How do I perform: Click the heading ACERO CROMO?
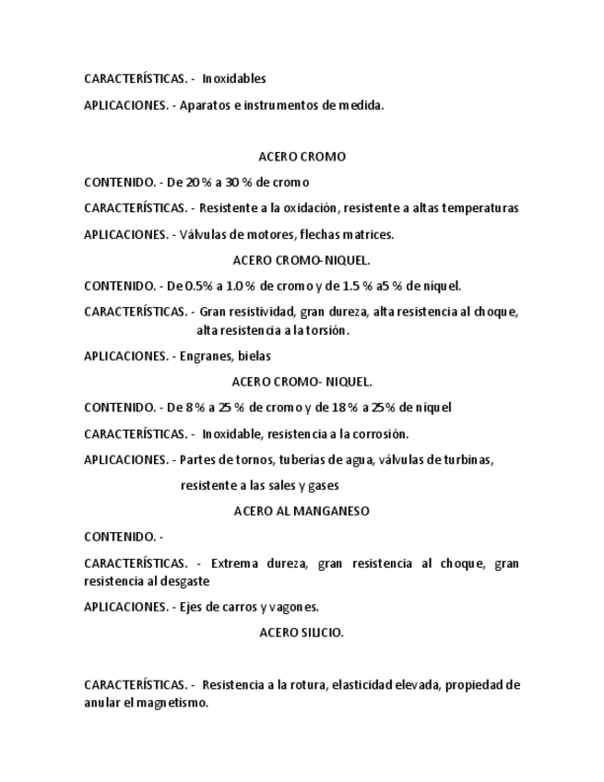click(x=302, y=157)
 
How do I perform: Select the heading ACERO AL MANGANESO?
click(x=302, y=511)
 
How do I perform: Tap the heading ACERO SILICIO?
click(x=302, y=633)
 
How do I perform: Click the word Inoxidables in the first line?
click(x=234, y=79)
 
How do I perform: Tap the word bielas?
click(x=255, y=356)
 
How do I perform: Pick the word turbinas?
click(x=467, y=459)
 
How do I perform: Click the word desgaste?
click(x=184, y=581)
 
